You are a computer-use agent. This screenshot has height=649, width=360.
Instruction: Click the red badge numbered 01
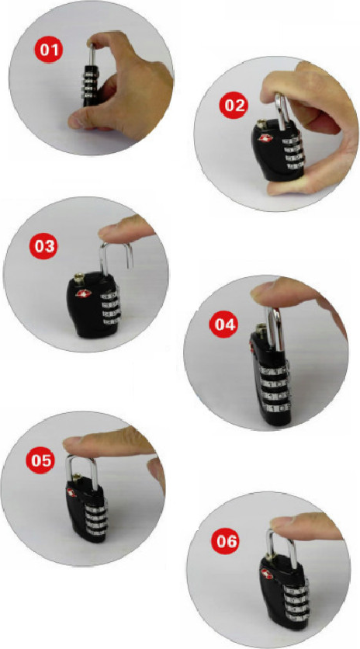48,51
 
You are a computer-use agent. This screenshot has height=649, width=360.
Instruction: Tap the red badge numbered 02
235,106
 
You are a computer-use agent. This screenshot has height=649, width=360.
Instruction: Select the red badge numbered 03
44,246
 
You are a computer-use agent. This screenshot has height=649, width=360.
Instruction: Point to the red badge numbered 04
224,324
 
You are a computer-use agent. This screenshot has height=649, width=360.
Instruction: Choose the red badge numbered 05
41,460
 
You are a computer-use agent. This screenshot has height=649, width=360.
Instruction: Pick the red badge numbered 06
226,541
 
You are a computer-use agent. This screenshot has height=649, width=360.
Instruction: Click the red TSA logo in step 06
267,573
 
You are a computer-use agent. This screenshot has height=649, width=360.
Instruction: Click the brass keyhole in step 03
78,278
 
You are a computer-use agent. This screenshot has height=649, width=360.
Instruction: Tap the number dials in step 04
275,389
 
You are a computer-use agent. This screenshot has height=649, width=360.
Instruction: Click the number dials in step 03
110,308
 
